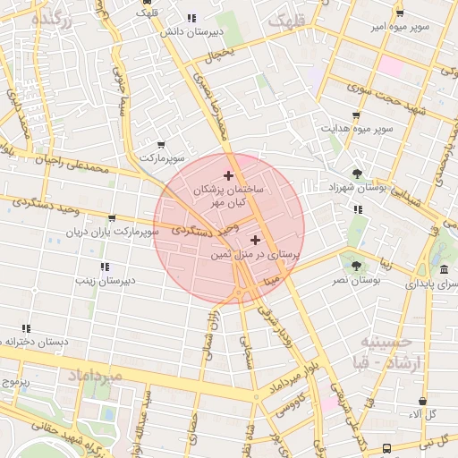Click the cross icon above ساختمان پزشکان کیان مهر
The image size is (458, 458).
click(228, 175)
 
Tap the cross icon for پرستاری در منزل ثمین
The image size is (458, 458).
click(257, 240)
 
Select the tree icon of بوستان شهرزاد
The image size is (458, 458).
click(357, 174)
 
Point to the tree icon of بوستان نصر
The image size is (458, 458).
click(357, 266)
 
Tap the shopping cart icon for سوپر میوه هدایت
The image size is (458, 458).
click(356, 115)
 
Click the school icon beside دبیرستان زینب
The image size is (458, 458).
click(105, 267)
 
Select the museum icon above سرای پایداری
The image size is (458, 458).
click(444, 269)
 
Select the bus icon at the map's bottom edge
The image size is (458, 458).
click(386, 448)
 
